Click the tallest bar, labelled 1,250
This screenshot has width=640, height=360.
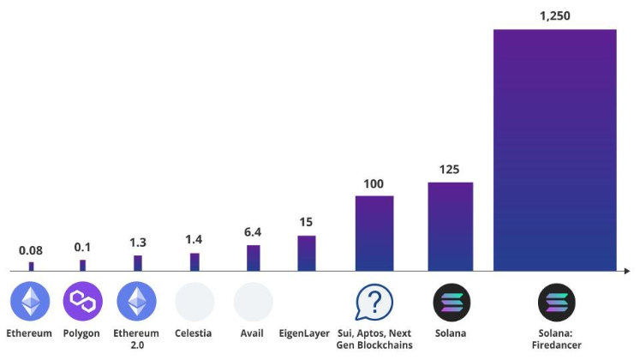point(554,150)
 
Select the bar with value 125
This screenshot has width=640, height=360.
point(451,226)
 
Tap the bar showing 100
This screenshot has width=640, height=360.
point(374,233)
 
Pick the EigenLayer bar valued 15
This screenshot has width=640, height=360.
point(306,253)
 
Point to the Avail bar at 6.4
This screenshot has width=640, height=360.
point(253,258)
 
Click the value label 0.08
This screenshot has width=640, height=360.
point(32,250)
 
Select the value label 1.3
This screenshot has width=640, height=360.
point(137,243)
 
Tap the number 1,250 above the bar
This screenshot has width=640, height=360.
point(555,15)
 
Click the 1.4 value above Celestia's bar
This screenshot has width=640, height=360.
point(194,241)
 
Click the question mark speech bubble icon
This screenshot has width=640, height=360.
point(374,302)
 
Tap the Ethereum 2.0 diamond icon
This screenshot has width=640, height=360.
point(137,302)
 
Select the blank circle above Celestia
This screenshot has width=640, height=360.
point(194,302)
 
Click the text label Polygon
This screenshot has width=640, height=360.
point(81,333)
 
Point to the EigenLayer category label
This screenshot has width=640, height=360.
point(305,333)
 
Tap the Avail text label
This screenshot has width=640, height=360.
point(253,333)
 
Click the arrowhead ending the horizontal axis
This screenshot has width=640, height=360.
point(628,272)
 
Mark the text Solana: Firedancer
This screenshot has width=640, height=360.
point(555,339)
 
